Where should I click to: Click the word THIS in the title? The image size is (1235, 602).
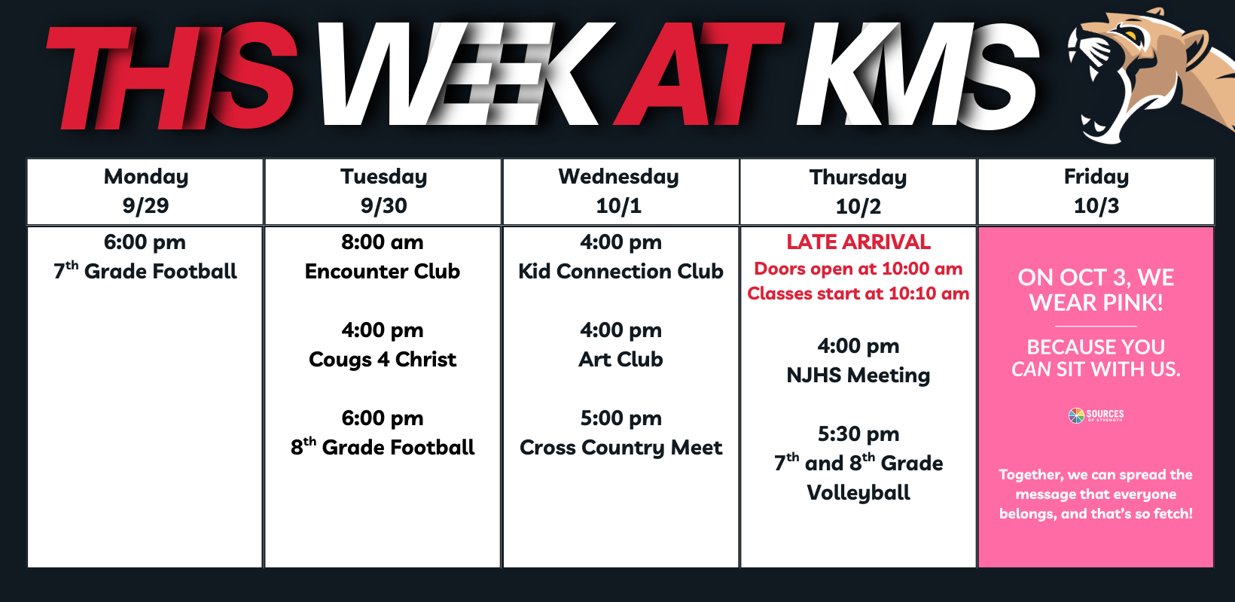coord(172,76)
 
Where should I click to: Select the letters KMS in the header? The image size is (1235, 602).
coord(918,75)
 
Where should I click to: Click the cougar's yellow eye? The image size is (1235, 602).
coord(1130,36)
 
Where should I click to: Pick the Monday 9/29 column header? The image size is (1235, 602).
coord(145,191)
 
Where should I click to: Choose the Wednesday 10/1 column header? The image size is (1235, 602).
coord(621,191)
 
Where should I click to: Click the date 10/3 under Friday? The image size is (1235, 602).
coord(1096,206)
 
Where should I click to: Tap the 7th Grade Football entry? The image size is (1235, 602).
coord(145,271)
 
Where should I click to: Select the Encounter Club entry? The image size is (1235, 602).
coord(382,271)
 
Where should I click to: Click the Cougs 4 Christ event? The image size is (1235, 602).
coord(382,359)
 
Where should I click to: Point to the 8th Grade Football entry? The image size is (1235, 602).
coord(382,447)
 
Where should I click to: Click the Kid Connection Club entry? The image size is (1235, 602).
coord(621,271)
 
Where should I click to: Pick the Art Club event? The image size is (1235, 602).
coord(621,359)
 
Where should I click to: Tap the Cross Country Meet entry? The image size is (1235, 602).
coord(621,447)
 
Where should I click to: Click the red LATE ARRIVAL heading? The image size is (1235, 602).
coord(858,242)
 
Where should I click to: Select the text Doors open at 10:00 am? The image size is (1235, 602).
coord(858,268)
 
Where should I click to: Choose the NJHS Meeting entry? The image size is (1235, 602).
coord(858,375)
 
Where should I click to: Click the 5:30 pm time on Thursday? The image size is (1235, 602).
coord(858,434)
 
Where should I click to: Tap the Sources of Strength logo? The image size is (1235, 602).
coord(1096,415)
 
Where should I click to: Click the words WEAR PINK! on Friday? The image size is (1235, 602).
coord(1096,303)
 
